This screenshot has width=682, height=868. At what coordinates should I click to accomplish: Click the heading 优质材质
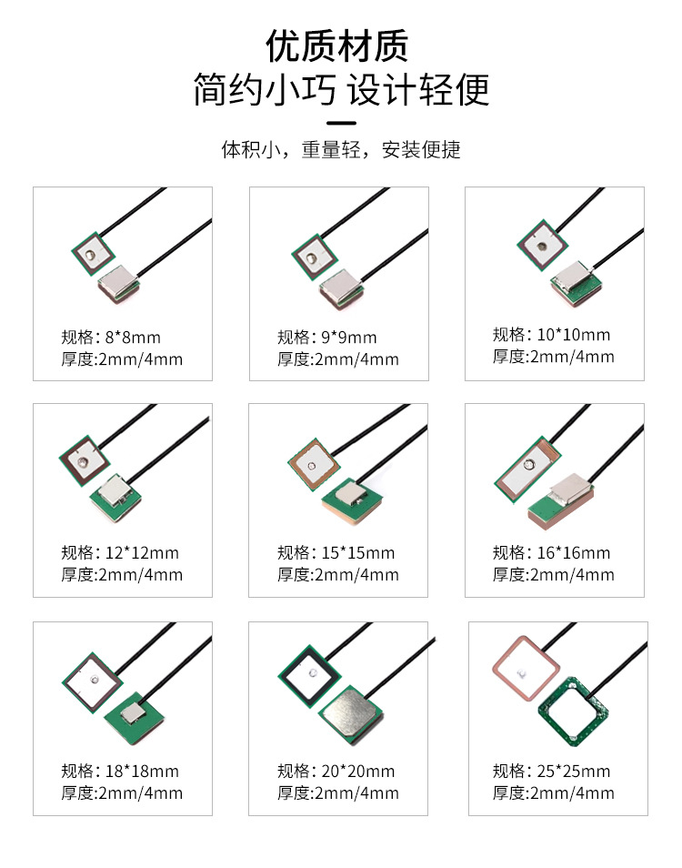[336, 45]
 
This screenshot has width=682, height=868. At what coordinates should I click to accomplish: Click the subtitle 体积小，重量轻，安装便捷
[341, 149]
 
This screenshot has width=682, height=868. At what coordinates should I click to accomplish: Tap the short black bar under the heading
[341, 123]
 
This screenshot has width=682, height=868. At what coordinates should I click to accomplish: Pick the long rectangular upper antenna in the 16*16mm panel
[527, 469]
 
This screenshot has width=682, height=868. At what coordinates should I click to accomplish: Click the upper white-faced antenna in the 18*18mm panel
[92, 681]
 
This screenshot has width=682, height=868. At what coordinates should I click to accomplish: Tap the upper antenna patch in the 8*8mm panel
[93, 254]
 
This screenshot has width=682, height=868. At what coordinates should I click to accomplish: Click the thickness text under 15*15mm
[338, 575]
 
